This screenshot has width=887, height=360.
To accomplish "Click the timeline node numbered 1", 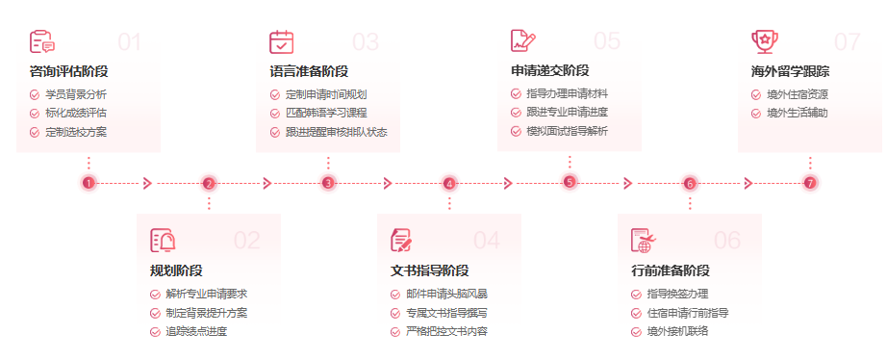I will [89, 183].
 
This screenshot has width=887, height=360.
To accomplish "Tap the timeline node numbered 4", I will [449, 183].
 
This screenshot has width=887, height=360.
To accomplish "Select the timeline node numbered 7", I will [810, 183].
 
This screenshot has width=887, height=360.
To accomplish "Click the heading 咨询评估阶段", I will [69, 71].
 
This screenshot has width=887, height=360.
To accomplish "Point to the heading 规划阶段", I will [176, 270].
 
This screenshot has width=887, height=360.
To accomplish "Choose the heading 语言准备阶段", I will [309, 71].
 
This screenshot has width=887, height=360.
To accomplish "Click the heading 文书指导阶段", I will [429, 270].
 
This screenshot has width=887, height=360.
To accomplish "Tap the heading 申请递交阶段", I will [549, 71].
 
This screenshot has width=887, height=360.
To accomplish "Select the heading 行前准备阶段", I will [670, 270].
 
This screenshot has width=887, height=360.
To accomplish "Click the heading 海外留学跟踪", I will [790, 71].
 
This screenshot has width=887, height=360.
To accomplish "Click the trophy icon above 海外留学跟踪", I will [764, 40].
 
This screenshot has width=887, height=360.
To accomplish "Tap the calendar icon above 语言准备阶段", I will [282, 41].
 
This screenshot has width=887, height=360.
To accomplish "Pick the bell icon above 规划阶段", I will [163, 241].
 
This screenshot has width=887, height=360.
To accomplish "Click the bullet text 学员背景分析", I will [76, 94].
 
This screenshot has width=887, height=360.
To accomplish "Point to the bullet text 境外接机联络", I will [677, 331].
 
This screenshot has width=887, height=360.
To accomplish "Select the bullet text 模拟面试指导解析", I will [567, 131].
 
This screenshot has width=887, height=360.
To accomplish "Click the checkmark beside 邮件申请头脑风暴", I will [395, 294].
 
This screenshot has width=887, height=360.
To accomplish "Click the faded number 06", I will [727, 241].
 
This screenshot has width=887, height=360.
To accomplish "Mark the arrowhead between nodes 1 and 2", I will [147, 183].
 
